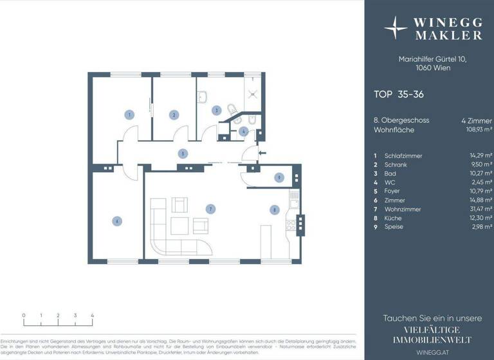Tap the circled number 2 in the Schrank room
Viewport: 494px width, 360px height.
pos(173,115)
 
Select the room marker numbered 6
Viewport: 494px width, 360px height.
pos(116,221)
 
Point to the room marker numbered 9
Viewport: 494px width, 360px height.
pos(279,177)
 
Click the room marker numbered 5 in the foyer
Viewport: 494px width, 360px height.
pos(183,154)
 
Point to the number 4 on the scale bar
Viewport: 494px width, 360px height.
pos(93,316)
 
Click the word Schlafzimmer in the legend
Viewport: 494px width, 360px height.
pos(402,156)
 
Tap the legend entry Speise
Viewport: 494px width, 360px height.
pos(393,226)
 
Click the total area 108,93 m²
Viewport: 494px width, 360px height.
pos(477,130)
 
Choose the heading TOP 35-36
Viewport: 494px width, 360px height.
pos(398,94)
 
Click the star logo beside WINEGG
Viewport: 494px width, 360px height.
pos(395,28)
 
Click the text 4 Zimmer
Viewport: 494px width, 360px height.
pos(477,120)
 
